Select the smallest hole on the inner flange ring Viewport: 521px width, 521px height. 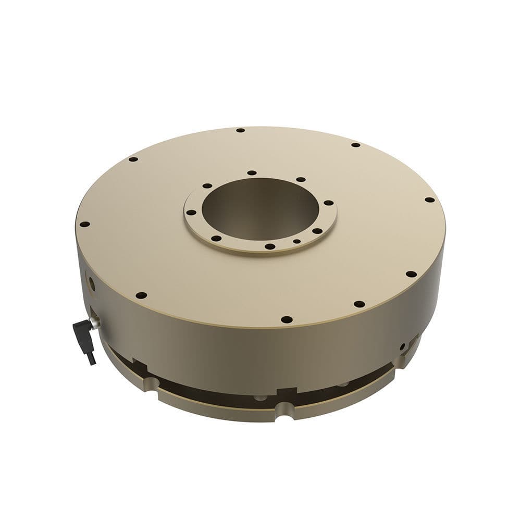point(296,242)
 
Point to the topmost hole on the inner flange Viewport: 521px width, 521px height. point(252,172)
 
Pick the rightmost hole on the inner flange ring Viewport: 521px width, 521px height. point(329,203)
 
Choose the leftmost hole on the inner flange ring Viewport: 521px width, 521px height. point(191,213)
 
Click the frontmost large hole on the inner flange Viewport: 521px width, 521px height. point(269,246)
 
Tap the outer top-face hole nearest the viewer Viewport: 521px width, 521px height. point(286,319)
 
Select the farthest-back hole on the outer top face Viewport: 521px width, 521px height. point(240,130)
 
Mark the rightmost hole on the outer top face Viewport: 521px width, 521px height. point(429,200)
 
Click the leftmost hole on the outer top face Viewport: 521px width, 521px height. point(84,225)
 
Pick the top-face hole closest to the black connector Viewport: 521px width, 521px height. point(141,295)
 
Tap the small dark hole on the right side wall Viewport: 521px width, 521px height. point(402,346)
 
